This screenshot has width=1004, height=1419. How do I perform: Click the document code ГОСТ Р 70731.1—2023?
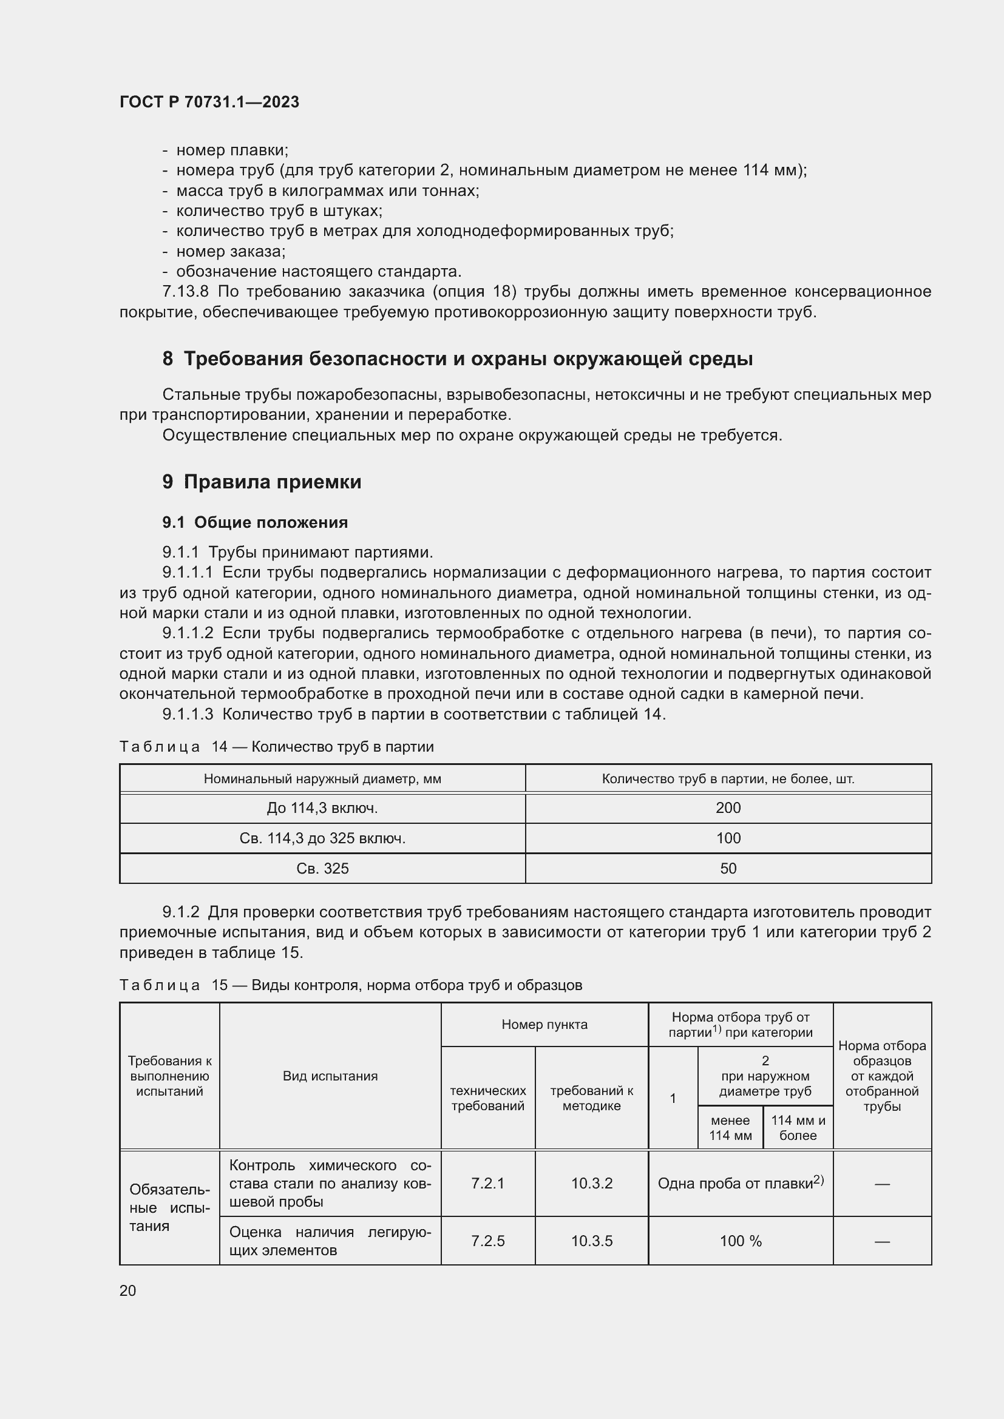[209, 102]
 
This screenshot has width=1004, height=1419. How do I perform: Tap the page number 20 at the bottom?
[127, 1290]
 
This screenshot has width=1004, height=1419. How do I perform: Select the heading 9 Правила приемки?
[262, 482]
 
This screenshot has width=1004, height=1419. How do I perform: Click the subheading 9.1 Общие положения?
[255, 522]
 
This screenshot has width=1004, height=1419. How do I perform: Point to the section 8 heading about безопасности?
[458, 359]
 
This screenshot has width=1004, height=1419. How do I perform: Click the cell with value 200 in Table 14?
[728, 807]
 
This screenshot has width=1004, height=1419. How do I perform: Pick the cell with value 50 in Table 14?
[728, 868]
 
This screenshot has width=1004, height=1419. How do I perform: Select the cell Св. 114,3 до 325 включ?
[322, 838]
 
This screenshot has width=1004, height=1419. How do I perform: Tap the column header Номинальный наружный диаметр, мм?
[322, 779]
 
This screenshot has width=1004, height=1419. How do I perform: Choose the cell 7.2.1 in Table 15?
[487, 1183]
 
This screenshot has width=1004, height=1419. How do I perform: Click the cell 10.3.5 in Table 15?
[591, 1241]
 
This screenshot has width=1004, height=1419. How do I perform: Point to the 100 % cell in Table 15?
[740, 1241]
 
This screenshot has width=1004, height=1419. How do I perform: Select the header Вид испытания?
[330, 1076]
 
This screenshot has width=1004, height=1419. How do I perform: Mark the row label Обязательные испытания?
[169, 1208]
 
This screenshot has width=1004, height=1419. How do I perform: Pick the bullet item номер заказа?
[230, 251]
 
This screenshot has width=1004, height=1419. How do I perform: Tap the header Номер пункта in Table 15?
[544, 1024]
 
